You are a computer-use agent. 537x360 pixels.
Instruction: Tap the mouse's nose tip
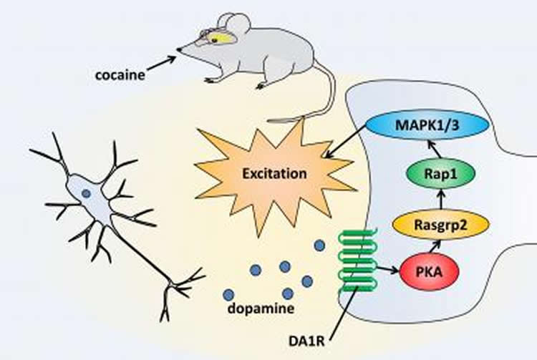tap(179, 49)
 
